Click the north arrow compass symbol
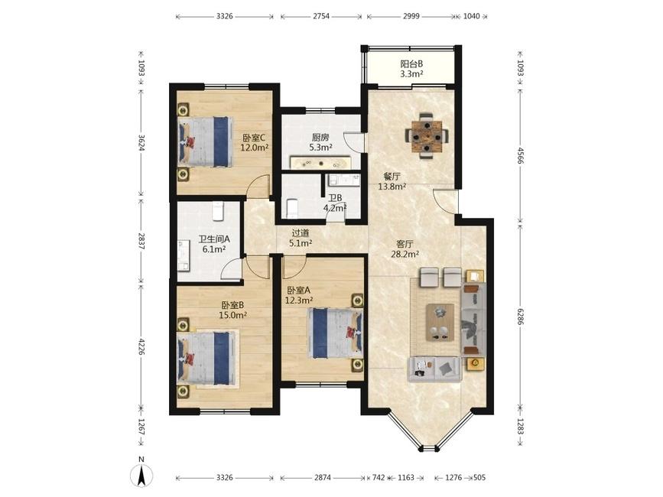(x=142, y=475)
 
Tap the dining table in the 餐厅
(x=427, y=136)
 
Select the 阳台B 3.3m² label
(x=412, y=70)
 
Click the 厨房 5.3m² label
(x=320, y=142)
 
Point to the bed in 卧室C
(x=206, y=141)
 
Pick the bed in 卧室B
(x=206, y=358)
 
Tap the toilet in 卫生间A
(x=217, y=211)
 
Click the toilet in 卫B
(x=293, y=208)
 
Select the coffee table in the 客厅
(x=440, y=322)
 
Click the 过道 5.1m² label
(x=301, y=238)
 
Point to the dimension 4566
(x=521, y=157)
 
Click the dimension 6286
(x=521, y=316)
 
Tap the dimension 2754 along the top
(x=321, y=17)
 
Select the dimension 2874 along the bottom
(x=323, y=478)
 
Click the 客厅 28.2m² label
(x=405, y=249)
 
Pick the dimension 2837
(x=141, y=241)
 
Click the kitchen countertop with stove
(x=320, y=163)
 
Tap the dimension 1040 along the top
(x=472, y=17)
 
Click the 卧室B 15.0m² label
(x=232, y=310)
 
